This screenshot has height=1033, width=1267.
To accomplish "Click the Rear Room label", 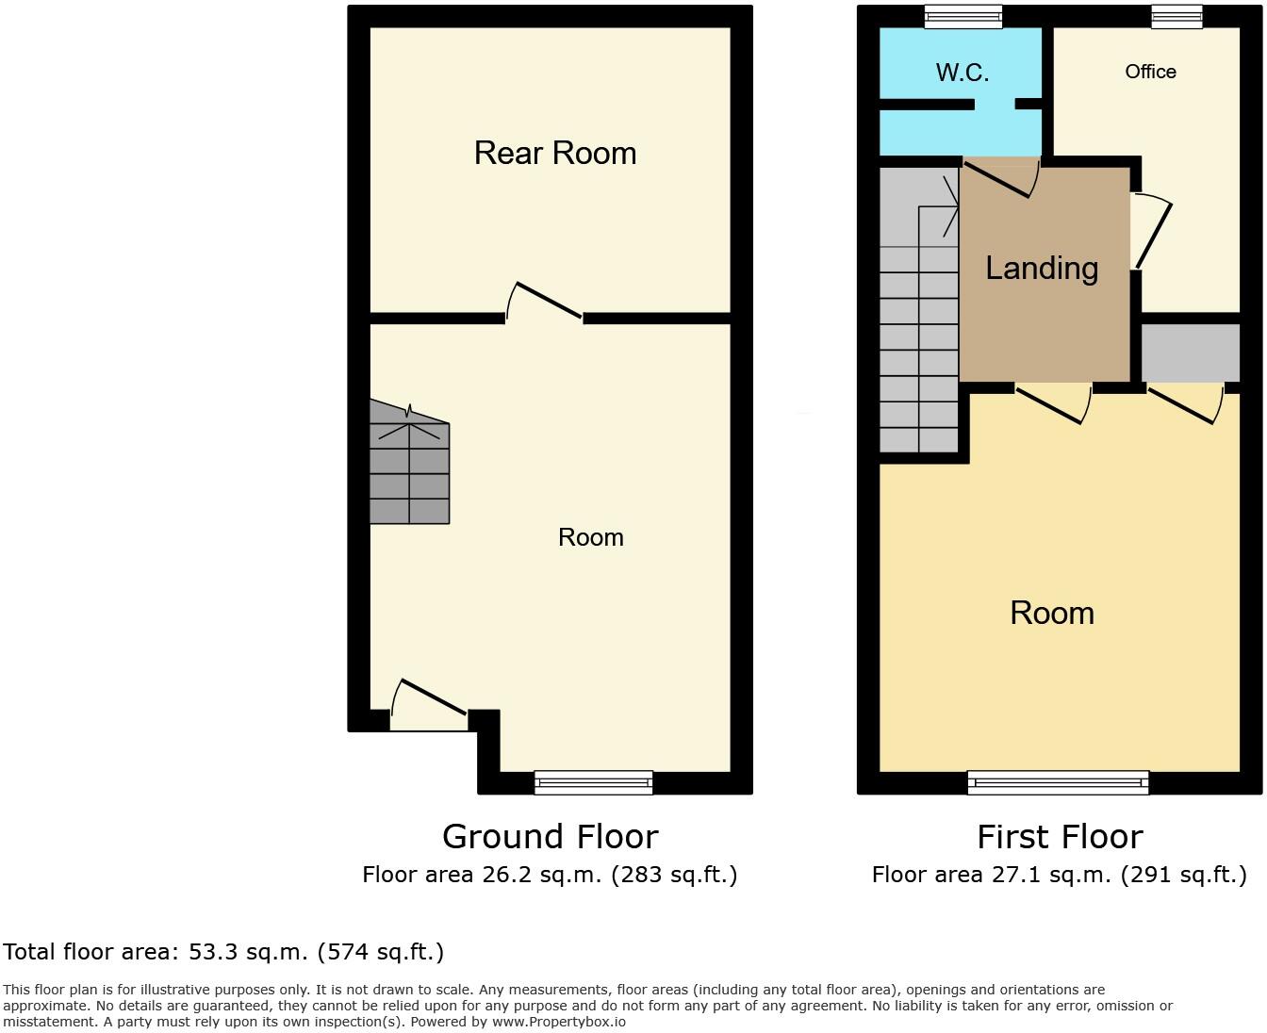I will point(554,153).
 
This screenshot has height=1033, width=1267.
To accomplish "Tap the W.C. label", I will point(962,73).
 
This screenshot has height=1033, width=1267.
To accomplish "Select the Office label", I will point(1150,72).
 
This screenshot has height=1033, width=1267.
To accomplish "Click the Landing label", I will point(1042,269).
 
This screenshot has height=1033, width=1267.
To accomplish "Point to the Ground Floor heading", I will point(550,836).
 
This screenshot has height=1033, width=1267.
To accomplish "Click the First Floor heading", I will point(1060,836).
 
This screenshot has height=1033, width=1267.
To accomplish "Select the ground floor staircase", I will point(409,467).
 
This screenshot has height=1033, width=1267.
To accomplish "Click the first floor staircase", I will point(918,311).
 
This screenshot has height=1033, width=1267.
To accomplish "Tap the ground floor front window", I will point(593,781).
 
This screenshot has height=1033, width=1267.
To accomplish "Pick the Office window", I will point(1176,16).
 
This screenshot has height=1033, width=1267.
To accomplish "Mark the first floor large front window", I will point(1058,781).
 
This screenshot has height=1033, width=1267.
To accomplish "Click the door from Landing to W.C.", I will point(1000,176).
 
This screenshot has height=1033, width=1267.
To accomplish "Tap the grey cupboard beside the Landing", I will point(1191,353).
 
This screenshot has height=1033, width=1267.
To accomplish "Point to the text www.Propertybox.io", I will point(558,1021).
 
